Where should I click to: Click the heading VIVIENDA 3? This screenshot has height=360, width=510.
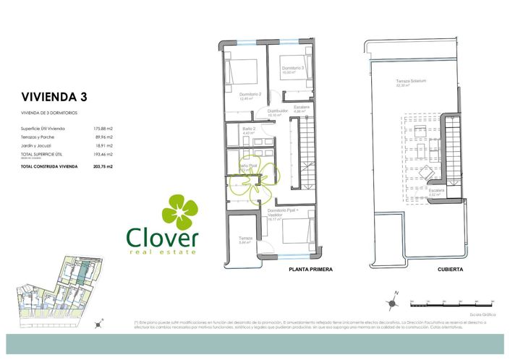tap(54, 96)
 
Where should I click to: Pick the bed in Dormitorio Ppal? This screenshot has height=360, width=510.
tap(296, 232)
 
